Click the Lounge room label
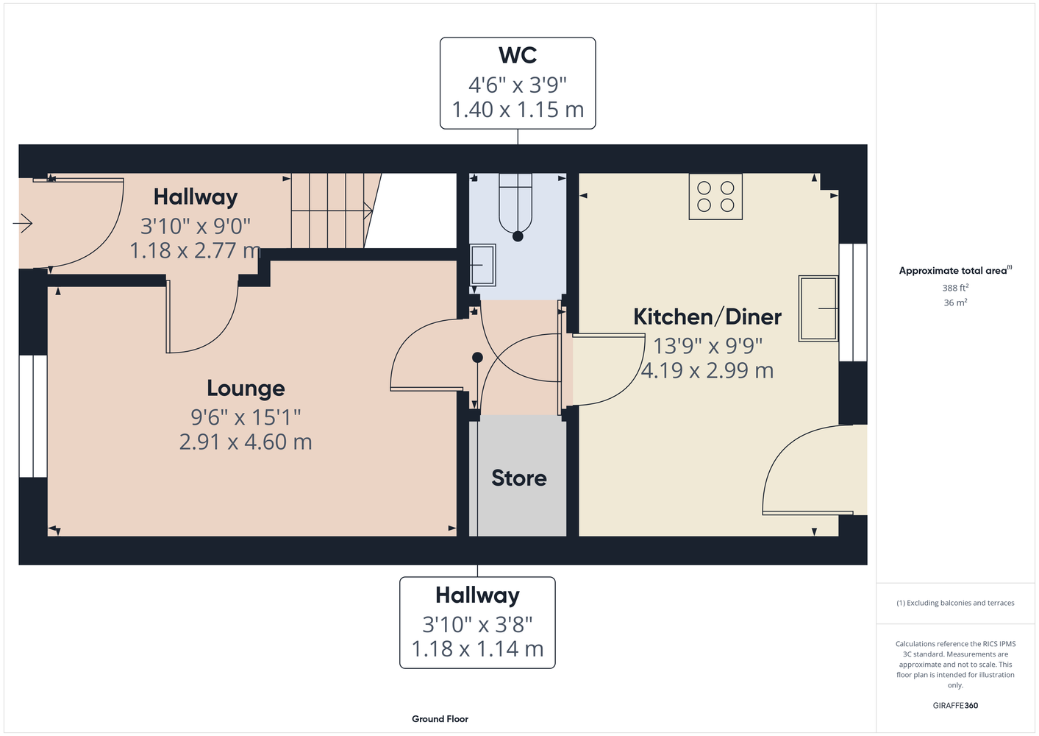(x=246, y=389)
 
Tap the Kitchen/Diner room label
(x=707, y=316)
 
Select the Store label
(x=519, y=478)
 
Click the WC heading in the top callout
(x=518, y=55)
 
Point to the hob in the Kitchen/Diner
(x=715, y=197)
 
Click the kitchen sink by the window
(x=818, y=309)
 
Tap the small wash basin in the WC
(x=482, y=265)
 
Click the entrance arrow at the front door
(x=22, y=223)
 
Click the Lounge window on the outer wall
(x=33, y=417)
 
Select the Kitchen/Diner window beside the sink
(x=853, y=302)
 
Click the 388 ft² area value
(x=955, y=288)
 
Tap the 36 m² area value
(x=955, y=302)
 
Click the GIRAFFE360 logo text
(x=955, y=705)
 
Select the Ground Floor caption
(x=440, y=719)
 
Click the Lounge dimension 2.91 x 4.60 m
(x=246, y=442)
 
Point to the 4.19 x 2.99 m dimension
(x=707, y=370)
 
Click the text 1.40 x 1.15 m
(x=518, y=110)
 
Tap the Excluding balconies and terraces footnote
(x=955, y=603)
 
